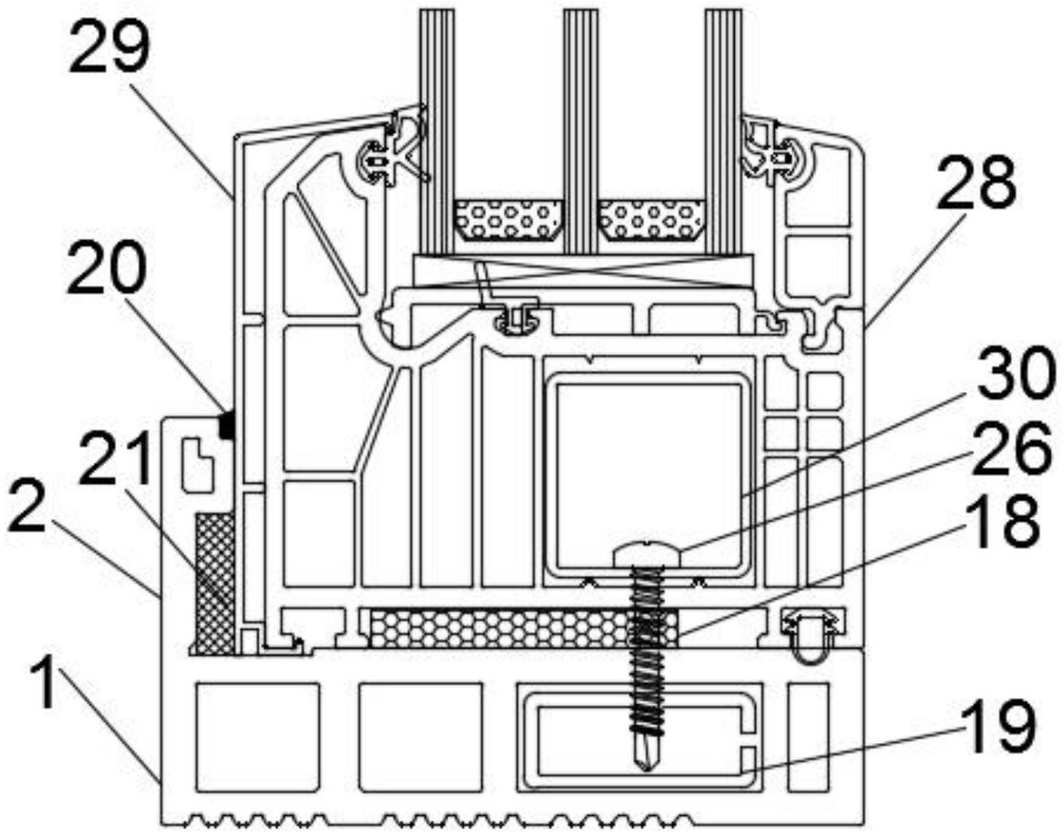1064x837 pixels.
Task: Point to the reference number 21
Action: (x=115, y=457)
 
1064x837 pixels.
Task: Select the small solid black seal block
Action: (x=227, y=424)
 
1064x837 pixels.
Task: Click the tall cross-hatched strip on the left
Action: (x=215, y=584)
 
